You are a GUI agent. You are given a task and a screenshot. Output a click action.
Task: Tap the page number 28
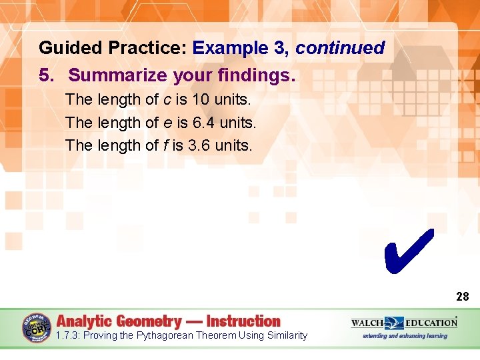click(x=462, y=297)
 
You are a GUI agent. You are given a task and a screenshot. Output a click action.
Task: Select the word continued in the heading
click(x=340, y=48)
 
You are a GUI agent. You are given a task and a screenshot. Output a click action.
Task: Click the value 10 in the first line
click(x=199, y=100)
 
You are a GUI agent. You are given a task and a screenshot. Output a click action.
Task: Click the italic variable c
click(x=167, y=100)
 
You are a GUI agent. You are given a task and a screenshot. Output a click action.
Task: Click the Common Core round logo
click(x=37, y=327)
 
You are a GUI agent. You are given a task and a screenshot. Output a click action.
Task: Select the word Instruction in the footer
click(x=243, y=321)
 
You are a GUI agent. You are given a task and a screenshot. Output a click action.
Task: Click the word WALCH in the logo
click(x=367, y=323)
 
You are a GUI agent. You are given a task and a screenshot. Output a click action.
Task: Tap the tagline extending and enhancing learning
click(x=405, y=336)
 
